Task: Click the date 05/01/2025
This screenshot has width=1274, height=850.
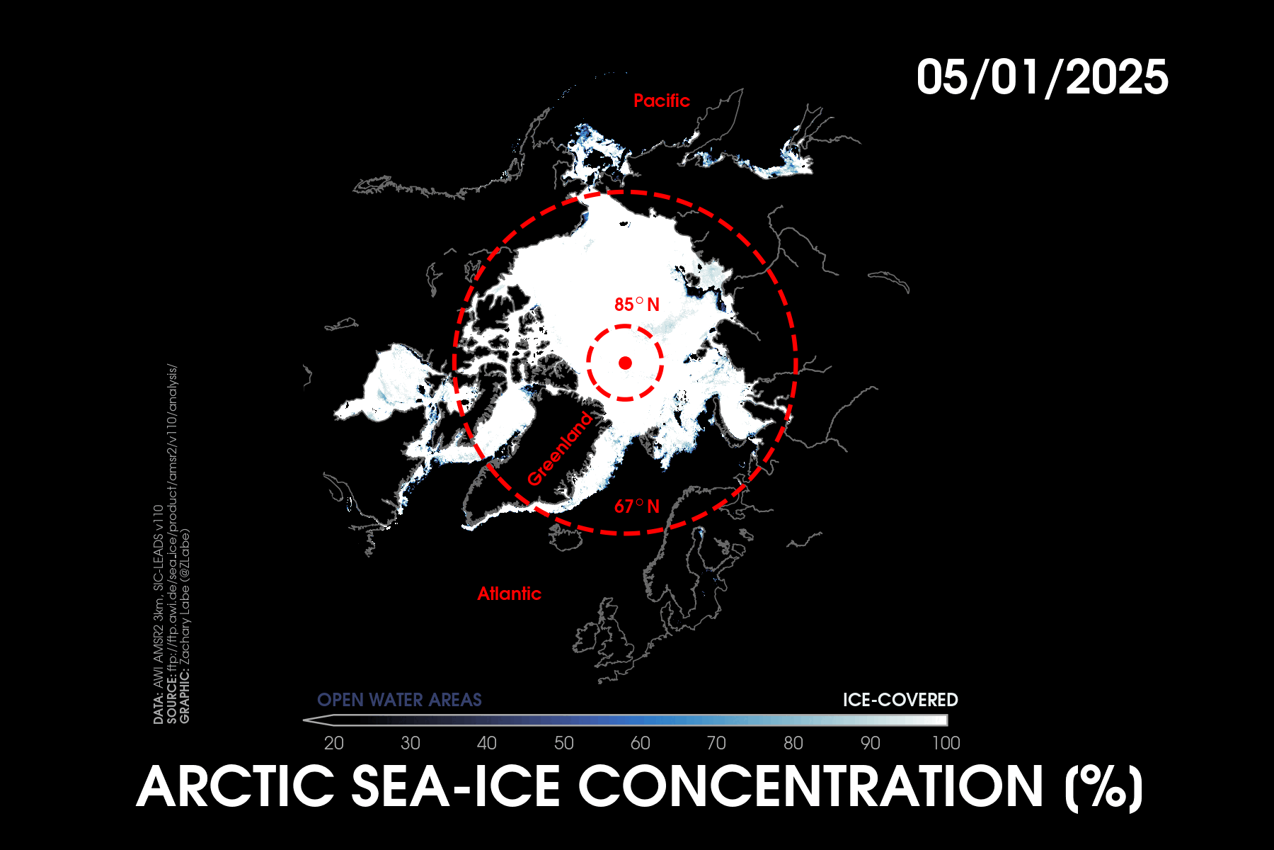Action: (1042, 77)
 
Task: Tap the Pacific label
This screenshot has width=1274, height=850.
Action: (662, 101)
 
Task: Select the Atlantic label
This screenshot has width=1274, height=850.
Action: (509, 594)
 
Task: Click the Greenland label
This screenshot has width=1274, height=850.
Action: (560, 449)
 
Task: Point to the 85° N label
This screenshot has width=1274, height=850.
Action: (637, 305)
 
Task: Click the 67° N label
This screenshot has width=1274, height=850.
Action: (637, 506)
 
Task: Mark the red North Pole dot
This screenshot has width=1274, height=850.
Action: (625, 363)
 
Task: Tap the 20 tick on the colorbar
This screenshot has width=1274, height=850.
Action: (334, 743)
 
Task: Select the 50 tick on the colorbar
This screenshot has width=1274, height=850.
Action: (564, 743)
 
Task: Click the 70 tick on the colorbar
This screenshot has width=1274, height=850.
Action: (716, 743)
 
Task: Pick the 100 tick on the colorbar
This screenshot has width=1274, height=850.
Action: (946, 743)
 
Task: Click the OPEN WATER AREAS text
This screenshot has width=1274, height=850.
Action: (399, 700)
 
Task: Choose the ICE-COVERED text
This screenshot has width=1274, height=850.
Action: (900, 700)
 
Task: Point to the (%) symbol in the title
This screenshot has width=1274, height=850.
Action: (1104, 788)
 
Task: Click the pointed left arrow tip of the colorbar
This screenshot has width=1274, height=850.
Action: (304, 720)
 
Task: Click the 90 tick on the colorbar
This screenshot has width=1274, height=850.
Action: (870, 743)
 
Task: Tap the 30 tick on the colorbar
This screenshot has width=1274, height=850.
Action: (411, 743)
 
